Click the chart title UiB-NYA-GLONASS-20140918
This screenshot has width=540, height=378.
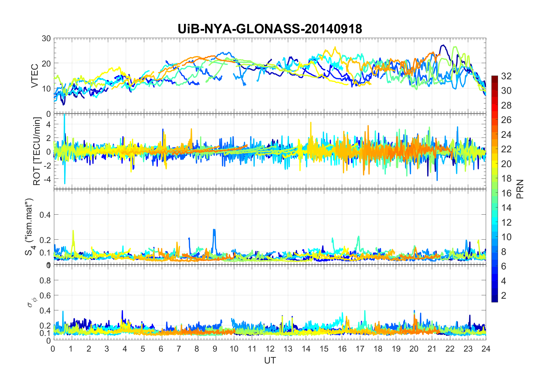(x=270, y=29)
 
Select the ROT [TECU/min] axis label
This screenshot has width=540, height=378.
(x=37, y=151)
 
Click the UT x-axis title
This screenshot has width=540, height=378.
(x=270, y=360)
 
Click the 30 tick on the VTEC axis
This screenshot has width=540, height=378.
(x=46, y=38)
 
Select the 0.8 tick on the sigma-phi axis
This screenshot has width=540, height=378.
(x=45, y=280)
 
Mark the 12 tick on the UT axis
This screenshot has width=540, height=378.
(x=270, y=349)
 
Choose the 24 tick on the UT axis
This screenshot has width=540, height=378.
(x=486, y=349)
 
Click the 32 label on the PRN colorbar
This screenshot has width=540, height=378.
(x=506, y=76)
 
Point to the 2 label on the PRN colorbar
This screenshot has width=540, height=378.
(x=504, y=296)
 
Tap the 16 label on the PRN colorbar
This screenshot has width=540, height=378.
(x=506, y=193)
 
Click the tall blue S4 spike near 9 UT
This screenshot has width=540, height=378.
(x=214, y=231)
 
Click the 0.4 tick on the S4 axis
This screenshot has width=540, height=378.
(x=45, y=215)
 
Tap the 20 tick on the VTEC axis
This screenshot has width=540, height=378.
(x=46, y=63)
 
